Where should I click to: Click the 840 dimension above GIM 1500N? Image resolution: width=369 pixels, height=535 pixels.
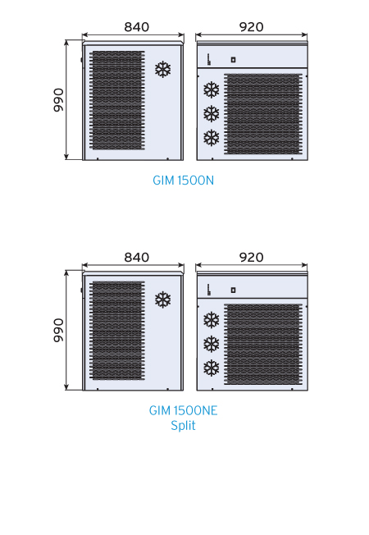pyautogui.click(x=136, y=27)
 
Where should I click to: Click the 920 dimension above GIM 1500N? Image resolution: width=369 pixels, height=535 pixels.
pyautogui.click(x=252, y=27)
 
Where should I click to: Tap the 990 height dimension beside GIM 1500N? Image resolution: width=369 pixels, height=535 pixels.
pyautogui.click(x=59, y=100)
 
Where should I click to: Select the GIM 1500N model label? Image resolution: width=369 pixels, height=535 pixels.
pyautogui.click(x=183, y=181)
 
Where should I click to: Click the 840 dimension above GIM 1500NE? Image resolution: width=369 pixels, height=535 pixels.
pyautogui.click(x=136, y=258)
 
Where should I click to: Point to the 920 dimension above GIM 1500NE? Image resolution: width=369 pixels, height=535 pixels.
pyautogui.click(x=252, y=258)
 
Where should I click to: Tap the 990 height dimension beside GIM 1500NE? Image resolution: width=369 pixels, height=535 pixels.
pyautogui.click(x=59, y=331)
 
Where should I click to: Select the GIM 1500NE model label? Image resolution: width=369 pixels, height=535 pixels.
pyautogui.click(x=183, y=410)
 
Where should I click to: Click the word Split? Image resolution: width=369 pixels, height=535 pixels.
pyautogui.click(x=183, y=426)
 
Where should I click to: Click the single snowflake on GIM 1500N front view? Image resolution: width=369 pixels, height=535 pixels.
pyautogui.click(x=163, y=69)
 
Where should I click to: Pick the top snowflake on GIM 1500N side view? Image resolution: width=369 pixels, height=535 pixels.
pyautogui.click(x=212, y=89)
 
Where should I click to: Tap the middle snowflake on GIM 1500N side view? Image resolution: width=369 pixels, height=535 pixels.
pyautogui.click(x=212, y=113)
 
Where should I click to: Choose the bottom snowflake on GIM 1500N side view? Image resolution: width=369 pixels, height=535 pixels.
pyautogui.click(x=212, y=138)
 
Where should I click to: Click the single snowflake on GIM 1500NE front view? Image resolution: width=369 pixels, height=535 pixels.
pyautogui.click(x=163, y=300)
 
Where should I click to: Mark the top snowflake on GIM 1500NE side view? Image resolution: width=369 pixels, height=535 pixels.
pyautogui.click(x=212, y=320)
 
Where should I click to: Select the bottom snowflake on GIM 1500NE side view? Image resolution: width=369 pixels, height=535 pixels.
pyautogui.click(x=212, y=368)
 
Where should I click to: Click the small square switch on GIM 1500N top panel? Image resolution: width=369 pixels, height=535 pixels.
pyautogui.click(x=233, y=60)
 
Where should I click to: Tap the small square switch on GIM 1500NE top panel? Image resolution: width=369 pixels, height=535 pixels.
pyautogui.click(x=233, y=290)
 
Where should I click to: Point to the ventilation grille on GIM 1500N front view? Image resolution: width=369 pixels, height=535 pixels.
pyautogui.click(x=117, y=100)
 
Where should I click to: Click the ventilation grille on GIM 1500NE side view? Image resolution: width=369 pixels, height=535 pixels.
pyautogui.click(x=263, y=345)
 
